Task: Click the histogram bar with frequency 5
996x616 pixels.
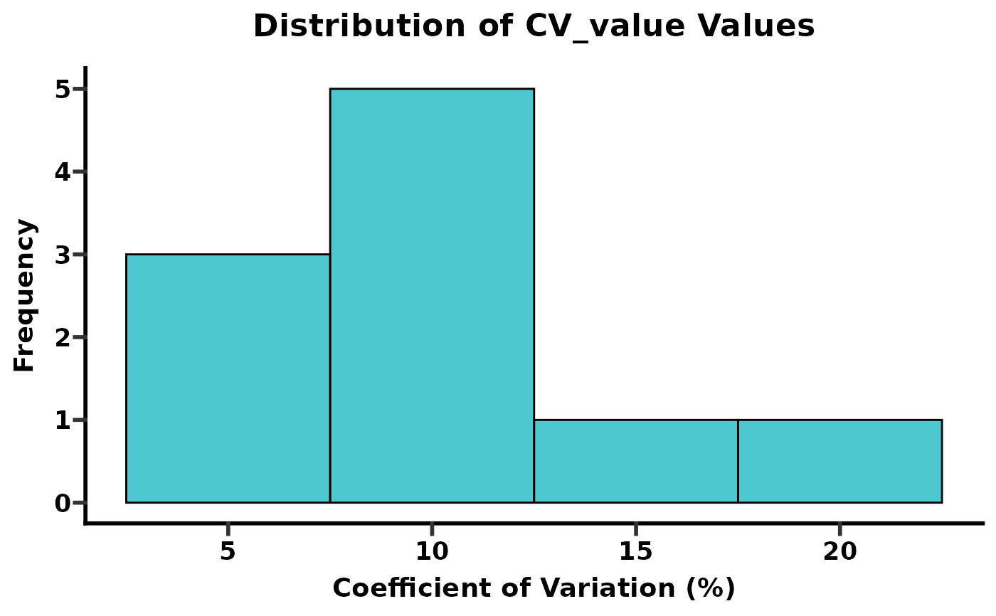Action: click(432, 295)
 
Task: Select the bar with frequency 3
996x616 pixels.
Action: click(228, 378)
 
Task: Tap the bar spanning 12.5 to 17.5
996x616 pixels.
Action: click(635, 461)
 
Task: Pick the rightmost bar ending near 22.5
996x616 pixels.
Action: click(839, 461)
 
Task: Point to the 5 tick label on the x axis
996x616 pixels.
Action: click(228, 551)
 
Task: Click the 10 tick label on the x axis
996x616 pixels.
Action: click(432, 551)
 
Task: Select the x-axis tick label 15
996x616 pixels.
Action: click(635, 551)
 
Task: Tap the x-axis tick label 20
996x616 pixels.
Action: click(839, 551)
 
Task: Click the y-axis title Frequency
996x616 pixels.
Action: click(25, 295)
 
